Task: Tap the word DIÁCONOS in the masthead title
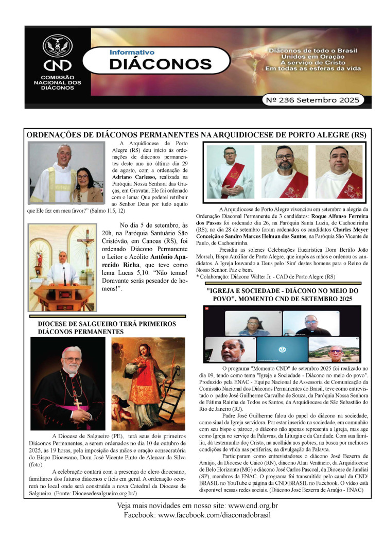point(153,64)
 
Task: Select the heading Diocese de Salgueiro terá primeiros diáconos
point(107,328)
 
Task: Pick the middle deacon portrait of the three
point(285,171)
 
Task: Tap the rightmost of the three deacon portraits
point(339,171)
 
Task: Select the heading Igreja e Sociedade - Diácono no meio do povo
point(282,294)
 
